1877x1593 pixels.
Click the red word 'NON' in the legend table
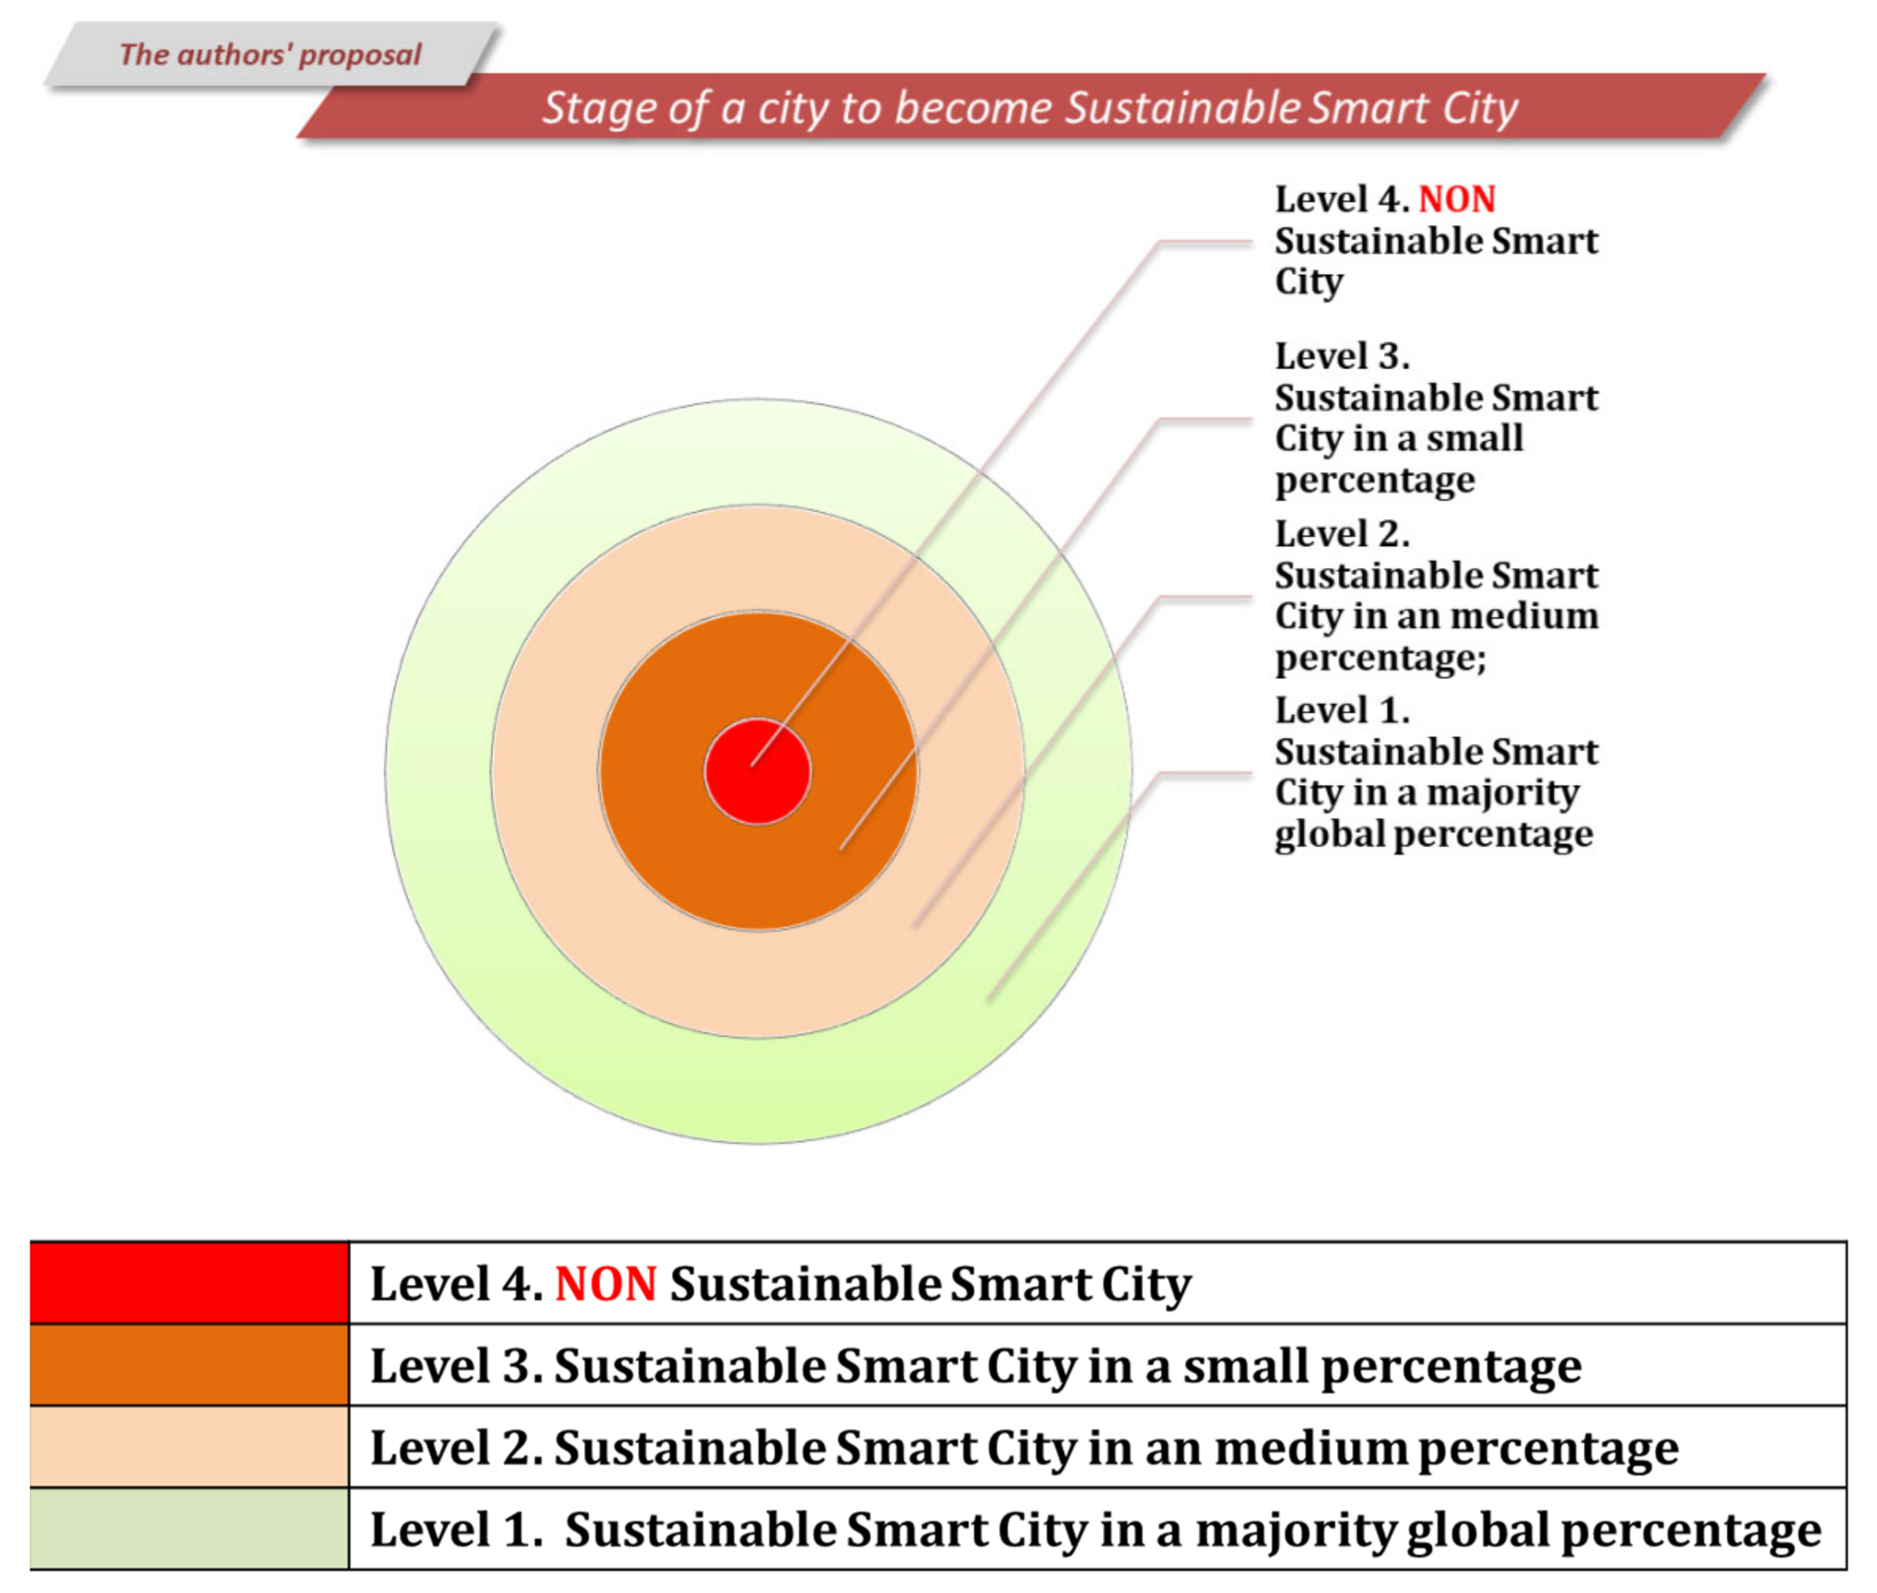click(605, 1284)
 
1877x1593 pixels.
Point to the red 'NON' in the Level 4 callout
click(1456, 199)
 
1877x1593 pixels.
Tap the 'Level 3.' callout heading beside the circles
click(1341, 357)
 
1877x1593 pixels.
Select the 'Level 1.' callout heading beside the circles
click(1341, 711)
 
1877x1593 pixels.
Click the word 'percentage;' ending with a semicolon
click(1380, 658)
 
